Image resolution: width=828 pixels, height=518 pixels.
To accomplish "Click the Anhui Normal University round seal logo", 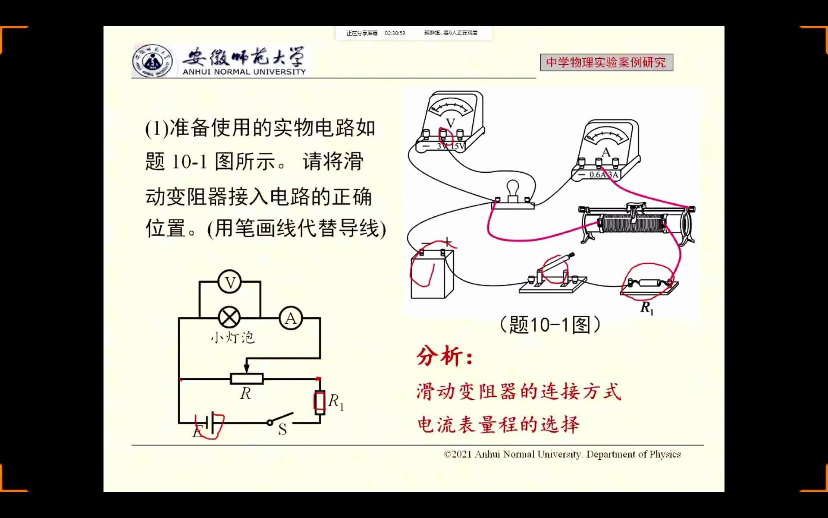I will click(151, 62).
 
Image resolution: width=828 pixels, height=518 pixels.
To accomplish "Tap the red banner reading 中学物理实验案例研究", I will click(606, 63).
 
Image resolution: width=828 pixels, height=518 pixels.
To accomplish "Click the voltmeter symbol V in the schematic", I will click(230, 282).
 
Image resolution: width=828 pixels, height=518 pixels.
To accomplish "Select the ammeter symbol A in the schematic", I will click(291, 319).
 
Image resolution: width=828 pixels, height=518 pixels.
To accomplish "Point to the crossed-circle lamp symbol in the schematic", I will click(229, 318).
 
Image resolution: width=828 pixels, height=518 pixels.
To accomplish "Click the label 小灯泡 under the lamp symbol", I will click(232, 337).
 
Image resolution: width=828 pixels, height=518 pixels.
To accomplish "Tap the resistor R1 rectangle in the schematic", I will click(319, 401).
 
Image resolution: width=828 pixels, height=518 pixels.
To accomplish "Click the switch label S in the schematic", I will click(282, 430).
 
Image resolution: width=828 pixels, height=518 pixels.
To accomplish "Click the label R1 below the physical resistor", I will click(647, 308).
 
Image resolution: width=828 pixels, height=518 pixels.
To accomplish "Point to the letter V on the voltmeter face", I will click(450, 123).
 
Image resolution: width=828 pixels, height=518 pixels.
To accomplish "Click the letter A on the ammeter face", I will click(606, 152).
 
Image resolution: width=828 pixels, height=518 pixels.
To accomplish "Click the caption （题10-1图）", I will click(550, 325).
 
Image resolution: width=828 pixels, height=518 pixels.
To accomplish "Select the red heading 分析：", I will click(444, 357).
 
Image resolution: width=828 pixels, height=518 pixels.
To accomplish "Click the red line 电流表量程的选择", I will click(498, 425).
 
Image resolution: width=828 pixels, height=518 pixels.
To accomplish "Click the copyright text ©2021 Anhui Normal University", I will click(562, 455).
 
